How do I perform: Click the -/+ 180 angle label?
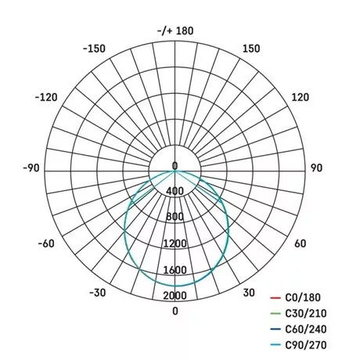(175, 31)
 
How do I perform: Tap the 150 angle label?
(251, 49)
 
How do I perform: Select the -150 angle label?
(94, 49)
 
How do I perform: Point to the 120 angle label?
(300, 97)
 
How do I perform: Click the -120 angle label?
(46, 97)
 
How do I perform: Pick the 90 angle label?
(316, 168)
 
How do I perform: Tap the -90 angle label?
(31, 168)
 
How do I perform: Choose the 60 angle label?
(301, 243)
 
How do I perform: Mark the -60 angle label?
(46, 243)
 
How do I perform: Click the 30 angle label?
(249, 293)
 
